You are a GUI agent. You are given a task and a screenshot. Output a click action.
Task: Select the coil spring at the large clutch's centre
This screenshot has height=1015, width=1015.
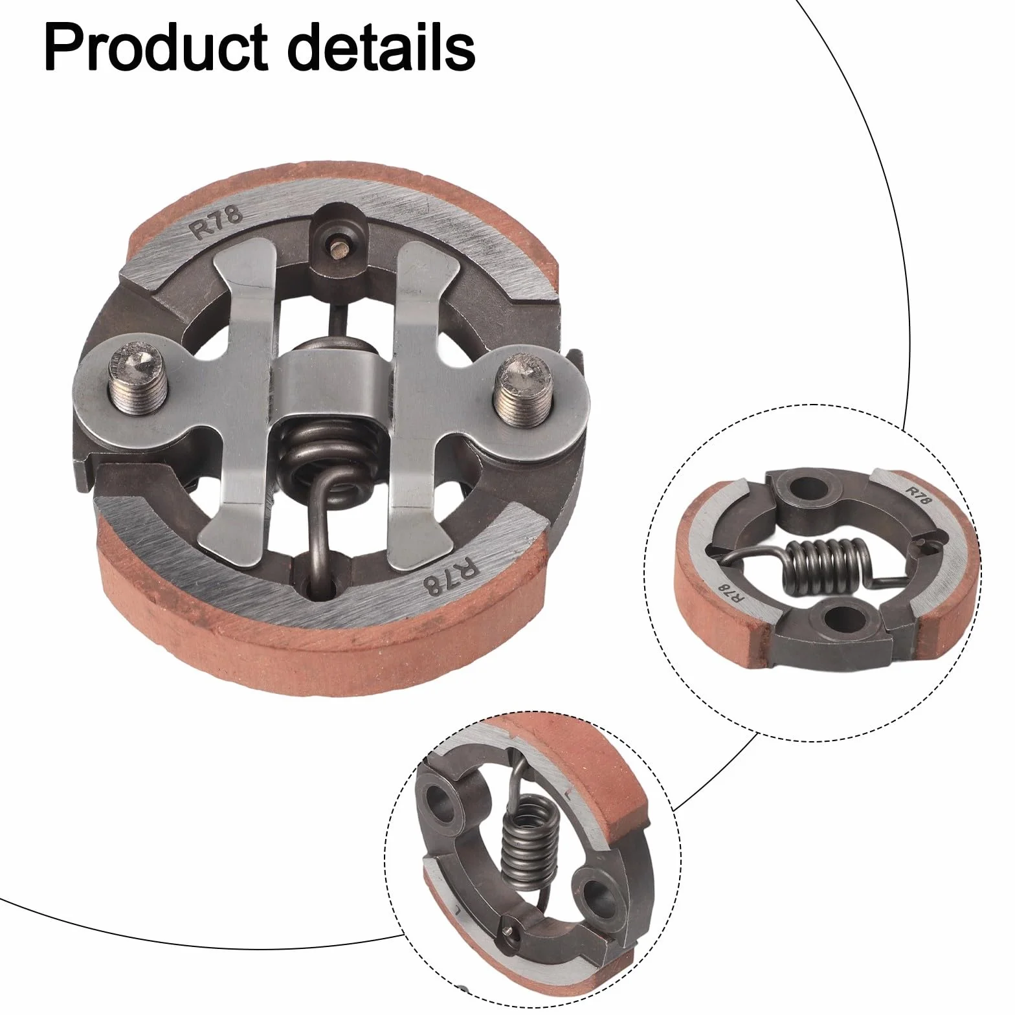327,453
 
